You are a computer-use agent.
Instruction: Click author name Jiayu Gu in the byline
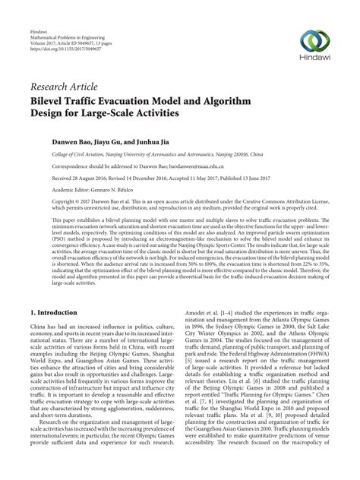(112, 142)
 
